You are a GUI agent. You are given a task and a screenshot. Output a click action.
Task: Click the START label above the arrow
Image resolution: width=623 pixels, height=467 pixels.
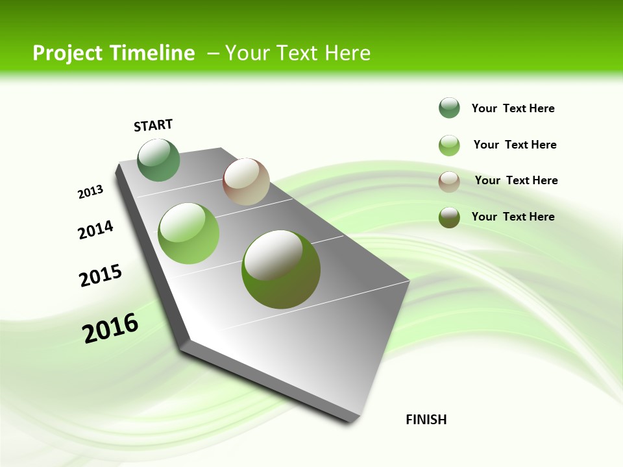153,125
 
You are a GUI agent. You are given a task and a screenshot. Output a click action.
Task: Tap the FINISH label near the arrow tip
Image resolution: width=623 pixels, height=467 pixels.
426,420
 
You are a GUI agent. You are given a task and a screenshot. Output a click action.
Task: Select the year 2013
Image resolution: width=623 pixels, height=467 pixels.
90,192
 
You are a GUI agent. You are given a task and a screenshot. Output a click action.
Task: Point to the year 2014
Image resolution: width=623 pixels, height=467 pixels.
95,230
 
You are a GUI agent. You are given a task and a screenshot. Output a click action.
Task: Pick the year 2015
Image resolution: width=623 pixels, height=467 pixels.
101,276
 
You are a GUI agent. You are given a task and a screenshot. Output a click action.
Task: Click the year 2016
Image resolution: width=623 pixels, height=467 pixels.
110,328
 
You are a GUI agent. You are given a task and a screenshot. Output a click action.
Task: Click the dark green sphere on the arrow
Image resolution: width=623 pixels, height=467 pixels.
159,160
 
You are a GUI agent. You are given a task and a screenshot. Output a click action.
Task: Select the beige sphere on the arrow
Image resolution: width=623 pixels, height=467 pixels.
246,182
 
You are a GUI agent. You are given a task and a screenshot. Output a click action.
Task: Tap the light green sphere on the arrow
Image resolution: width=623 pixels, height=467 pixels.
189,233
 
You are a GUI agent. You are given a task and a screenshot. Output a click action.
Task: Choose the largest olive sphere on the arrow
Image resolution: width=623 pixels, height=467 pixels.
281,269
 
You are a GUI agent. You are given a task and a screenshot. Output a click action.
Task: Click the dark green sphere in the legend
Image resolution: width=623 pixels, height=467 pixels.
449,108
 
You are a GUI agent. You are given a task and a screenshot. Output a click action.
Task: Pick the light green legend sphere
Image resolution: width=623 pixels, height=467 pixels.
449,145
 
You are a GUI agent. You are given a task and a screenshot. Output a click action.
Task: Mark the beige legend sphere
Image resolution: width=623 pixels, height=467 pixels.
449,182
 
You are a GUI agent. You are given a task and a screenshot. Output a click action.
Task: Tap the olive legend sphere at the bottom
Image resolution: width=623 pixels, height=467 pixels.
449,217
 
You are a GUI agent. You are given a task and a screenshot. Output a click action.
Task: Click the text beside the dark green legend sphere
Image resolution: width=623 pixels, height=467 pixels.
513,108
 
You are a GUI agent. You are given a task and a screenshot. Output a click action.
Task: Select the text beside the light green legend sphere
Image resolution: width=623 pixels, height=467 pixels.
515,145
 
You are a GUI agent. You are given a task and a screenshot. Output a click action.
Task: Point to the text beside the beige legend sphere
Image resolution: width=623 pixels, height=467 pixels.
516,180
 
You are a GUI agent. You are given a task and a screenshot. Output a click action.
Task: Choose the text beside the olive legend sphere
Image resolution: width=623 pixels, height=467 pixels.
513,217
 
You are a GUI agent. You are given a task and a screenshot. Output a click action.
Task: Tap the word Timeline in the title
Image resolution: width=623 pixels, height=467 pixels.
153,53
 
